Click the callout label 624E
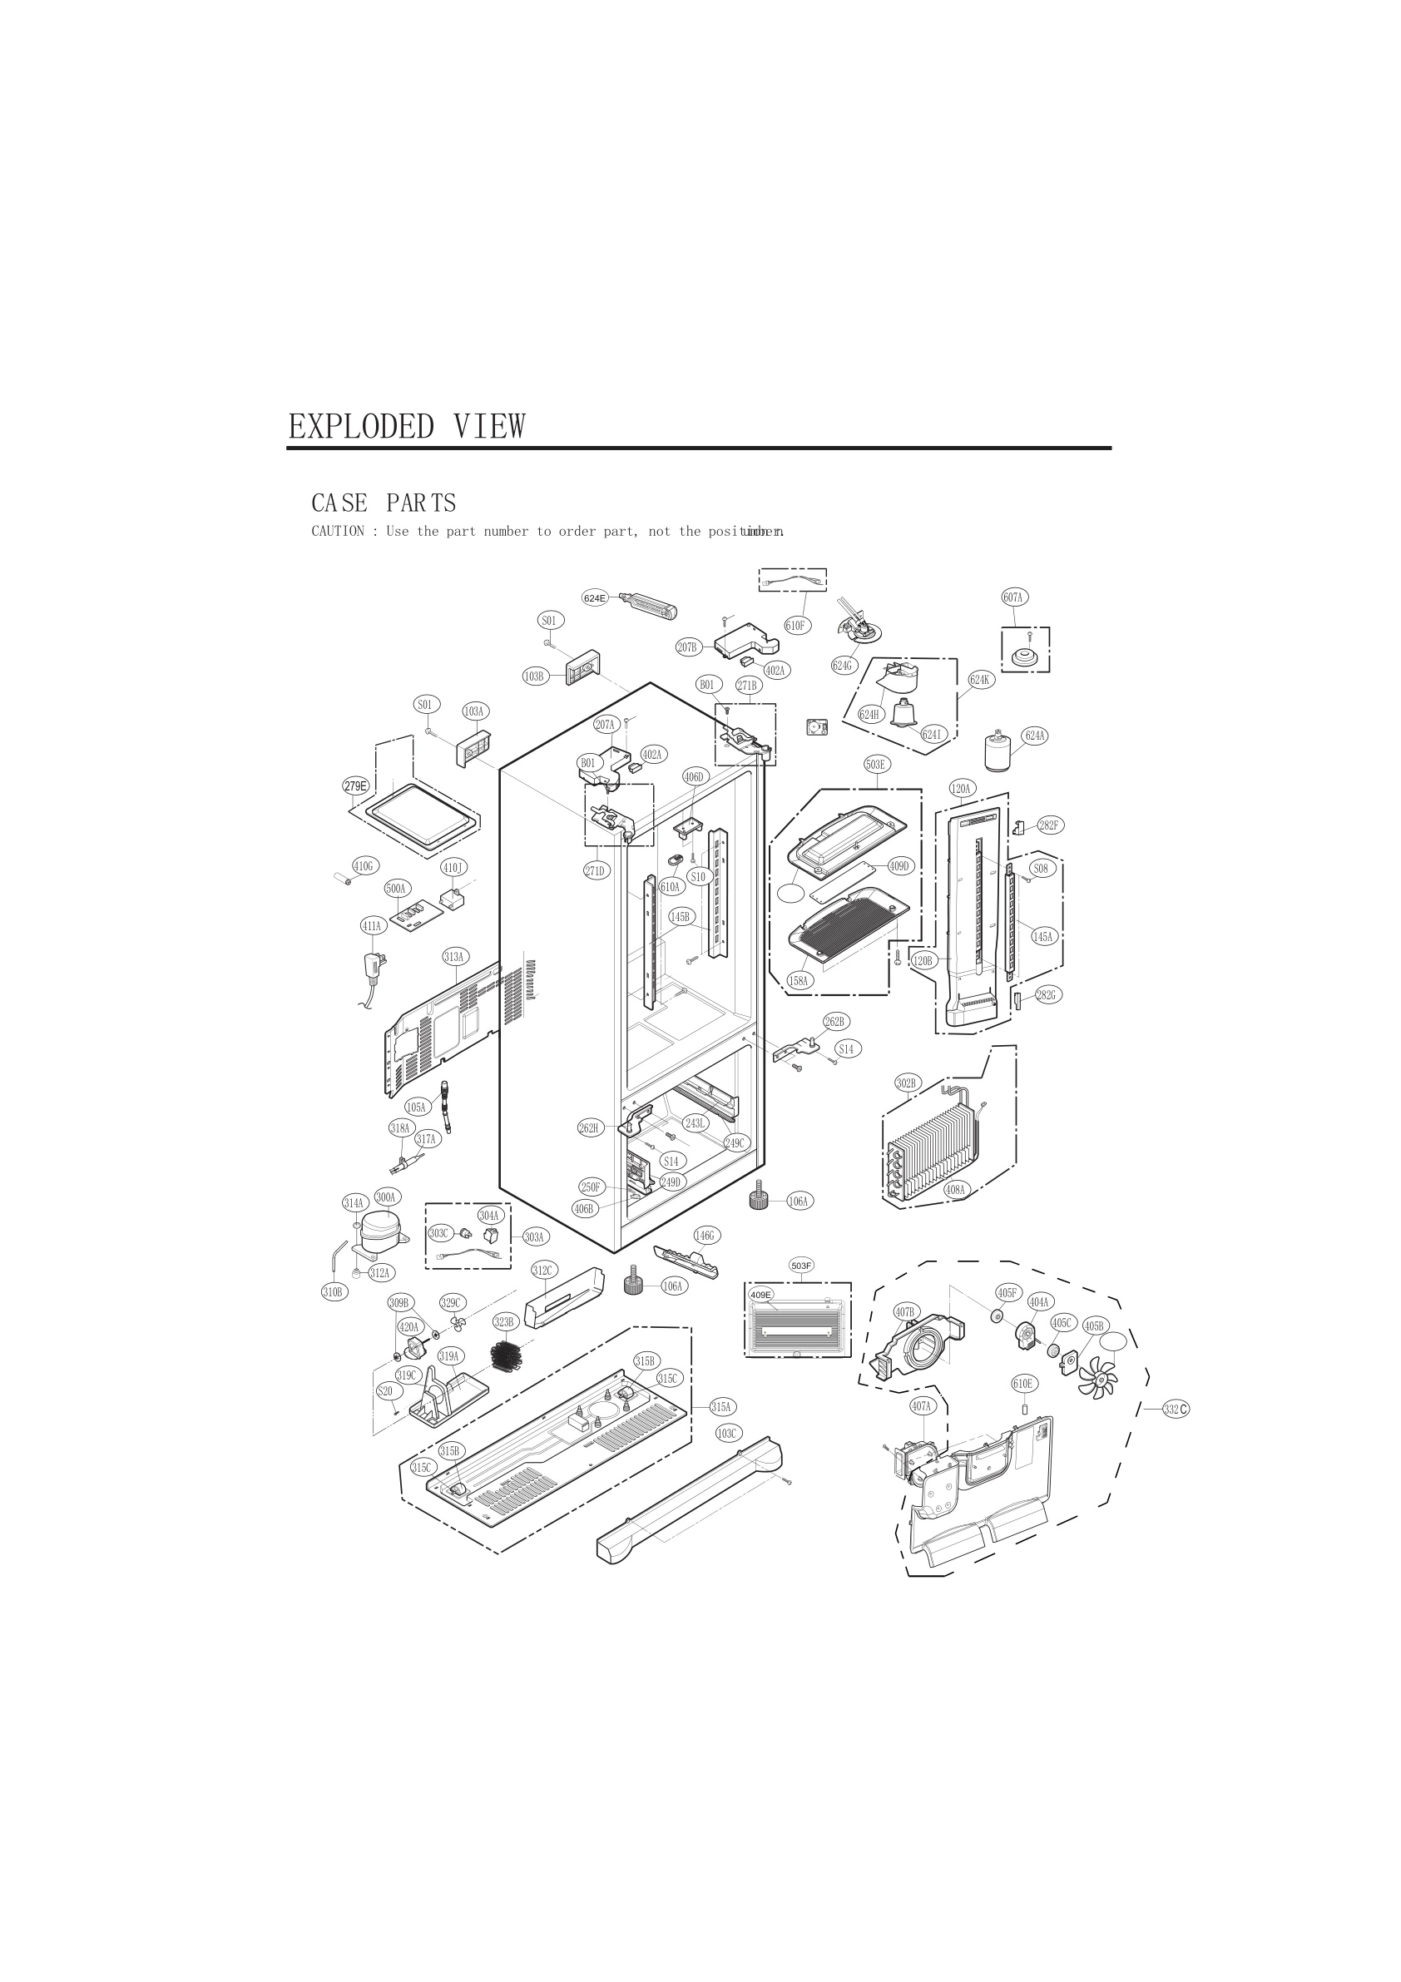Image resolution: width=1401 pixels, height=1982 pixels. (x=595, y=598)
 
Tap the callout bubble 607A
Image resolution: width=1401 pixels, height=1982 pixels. (x=1013, y=597)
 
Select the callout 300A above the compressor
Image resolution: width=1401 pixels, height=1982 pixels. (x=386, y=1197)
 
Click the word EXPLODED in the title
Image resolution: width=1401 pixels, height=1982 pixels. (x=361, y=427)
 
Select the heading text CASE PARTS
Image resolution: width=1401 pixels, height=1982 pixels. (x=384, y=503)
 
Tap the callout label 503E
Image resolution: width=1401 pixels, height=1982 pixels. (x=875, y=764)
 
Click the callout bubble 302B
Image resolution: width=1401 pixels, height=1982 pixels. (x=908, y=1083)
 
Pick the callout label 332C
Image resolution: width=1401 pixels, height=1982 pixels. (x=1175, y=1410)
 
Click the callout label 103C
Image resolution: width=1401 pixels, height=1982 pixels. (x=728, y=1434)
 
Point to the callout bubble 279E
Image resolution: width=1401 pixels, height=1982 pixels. (x=355, y=785)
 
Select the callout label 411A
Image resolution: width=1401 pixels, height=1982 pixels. (x=372, y=926)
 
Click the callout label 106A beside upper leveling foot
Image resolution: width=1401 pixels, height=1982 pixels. (x=800, y=1202)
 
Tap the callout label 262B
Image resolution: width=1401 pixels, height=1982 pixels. (x=834, y=1022)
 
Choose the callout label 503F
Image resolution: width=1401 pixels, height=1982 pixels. (x=801, y=1266)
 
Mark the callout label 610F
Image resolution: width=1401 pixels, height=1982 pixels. (x=797, y=626)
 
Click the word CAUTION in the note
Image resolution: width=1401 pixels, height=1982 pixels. (x=338, y=532)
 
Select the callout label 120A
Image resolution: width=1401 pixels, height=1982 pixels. (x=961, y=788)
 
